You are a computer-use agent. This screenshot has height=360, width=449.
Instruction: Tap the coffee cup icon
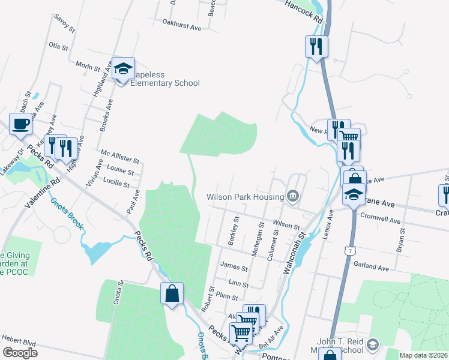pyautogui.click(x=20, y=124)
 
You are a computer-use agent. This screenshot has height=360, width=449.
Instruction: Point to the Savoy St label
pyautogui.click(x=64, y=24)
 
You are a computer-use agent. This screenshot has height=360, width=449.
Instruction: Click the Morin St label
pyautogui.click(x=88, y=67)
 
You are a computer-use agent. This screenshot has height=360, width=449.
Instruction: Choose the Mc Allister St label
pyautogui.click(x=120, y=157)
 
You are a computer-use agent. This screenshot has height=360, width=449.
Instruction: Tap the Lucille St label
pyautogui.click(x=117, y=181)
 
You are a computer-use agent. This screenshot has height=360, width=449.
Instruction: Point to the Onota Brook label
pyautogui.click(x=66, y=214)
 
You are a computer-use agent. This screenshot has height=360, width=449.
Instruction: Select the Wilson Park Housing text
pyautogui.click(x=245, y=197)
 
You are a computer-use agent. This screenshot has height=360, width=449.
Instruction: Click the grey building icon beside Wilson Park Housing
pyautogui.click(x=293, y=196)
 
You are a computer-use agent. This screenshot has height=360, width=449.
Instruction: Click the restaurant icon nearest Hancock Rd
pyautogui.click(x=316, y=46)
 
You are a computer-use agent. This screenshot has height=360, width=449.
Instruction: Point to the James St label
pyautogui.click(x=234, y=267)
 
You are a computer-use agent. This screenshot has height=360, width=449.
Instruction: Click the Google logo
pyautogui.click(x=20, y=353)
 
